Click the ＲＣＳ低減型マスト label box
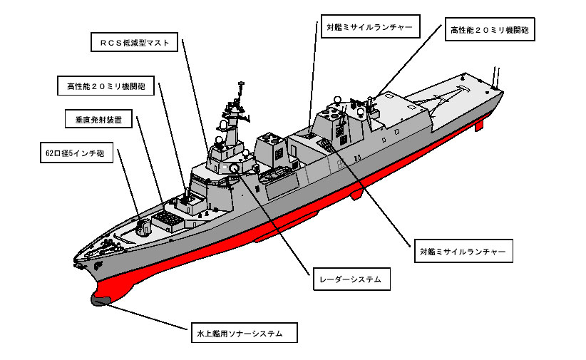[x=135, y=43]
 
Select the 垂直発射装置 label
[x=98, y=120]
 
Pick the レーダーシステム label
[x=351, y=279]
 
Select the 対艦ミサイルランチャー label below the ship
[x=463, y=252]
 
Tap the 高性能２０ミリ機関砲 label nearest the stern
[x=490, y=30]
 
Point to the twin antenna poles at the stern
[x=496, y=75]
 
